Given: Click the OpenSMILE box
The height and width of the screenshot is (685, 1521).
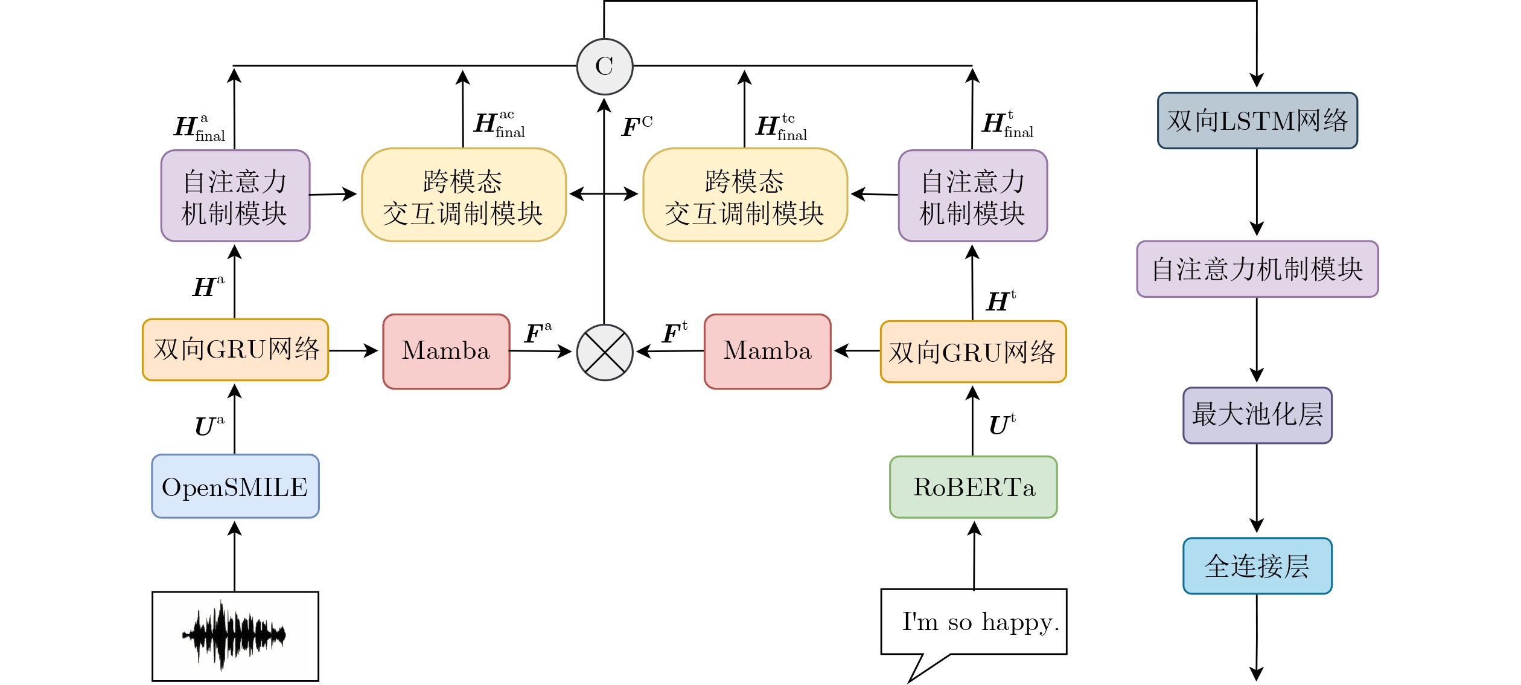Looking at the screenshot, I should [235, 486].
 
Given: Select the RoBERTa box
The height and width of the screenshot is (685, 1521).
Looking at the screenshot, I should [973, 487].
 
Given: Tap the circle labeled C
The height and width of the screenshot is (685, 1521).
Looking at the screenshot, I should [604, 66].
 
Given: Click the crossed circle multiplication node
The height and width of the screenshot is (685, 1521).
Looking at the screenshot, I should [604, 352].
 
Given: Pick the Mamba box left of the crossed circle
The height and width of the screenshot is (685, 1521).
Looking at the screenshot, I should [446, 351].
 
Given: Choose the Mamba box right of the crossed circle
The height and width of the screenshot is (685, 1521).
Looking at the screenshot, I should [767, 351].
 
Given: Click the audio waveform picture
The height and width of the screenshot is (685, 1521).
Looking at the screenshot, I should [235, 635].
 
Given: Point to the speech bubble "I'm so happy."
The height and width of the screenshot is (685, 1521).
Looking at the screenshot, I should [973, 622].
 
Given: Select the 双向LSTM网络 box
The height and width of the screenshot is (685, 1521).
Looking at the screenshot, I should [1257, 120].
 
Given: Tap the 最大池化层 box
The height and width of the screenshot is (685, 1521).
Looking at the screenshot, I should [1257, 415].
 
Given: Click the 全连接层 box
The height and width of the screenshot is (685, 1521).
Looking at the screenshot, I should [1257, 565].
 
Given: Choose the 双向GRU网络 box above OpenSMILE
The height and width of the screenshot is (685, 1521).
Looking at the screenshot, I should [235, 350].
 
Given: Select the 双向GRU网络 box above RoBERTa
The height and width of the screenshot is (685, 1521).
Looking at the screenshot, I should [973, 352].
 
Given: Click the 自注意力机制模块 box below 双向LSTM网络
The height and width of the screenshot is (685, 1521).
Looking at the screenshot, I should [1257, 269].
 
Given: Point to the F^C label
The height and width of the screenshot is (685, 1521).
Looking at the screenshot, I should [637, 126].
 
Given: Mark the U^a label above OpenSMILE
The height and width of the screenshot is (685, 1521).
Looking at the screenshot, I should [209, 425].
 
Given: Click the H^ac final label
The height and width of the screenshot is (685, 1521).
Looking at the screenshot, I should [499, 125].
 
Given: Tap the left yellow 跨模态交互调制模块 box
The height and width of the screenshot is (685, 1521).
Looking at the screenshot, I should [464, 195].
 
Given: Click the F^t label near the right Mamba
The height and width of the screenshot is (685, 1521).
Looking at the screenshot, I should [674, 332].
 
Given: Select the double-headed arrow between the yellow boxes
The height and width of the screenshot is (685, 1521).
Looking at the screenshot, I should [604, 194].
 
